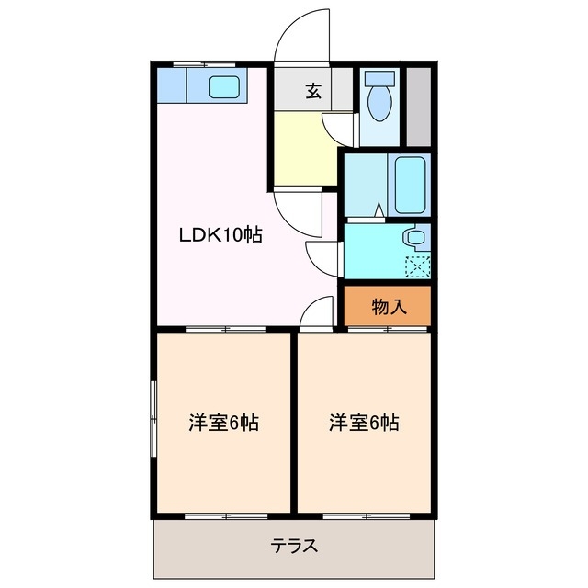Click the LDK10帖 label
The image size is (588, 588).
tap(220, 235)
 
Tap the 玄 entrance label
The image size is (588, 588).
tap(313, 91)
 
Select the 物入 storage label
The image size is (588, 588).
tap(389, 307)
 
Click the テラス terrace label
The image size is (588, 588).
tap(294, 546)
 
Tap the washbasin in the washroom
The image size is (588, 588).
tap(414, 237)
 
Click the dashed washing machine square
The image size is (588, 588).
tap(417, 266)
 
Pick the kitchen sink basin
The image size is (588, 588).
tap(225, 88)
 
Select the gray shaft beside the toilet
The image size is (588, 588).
tap(419, 106)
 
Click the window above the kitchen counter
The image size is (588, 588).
tap(204, 64)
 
